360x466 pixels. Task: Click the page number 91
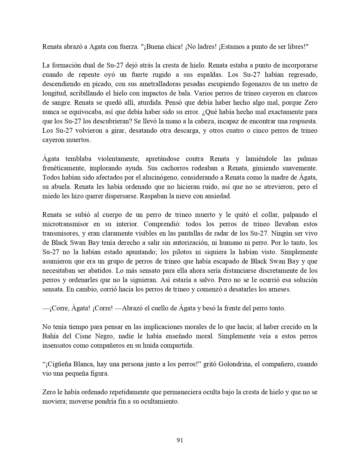coord(180,440)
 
